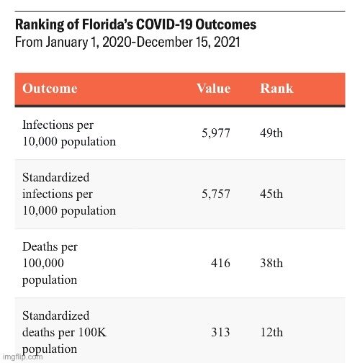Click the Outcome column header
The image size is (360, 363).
click(x=50, y=89)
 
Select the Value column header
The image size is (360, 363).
click(x=214, y=89)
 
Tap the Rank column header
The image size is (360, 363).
click(x=276, y=89)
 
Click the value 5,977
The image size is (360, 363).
click(x=216, y=133)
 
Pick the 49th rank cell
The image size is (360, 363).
click(x=271, y=133)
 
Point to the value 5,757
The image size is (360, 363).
click(x=216, y=194)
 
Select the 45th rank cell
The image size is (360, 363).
click(x=271, y=194)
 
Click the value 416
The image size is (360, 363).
click(x=220, y=263)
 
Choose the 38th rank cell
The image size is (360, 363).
click(x=271, y=263)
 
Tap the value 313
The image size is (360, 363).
click(x=220, y=332)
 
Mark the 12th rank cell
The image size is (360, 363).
click(x=271, y=332)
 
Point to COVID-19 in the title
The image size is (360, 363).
click(x=164, y=24)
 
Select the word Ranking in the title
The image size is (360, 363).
click(x=40, y=24)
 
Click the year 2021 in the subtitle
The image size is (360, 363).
click(x=227, y=42)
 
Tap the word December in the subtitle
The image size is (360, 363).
click(x=165, y=42)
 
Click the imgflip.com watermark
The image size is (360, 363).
click(x=23, y=357)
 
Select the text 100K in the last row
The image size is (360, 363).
click(x=92, y=332)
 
